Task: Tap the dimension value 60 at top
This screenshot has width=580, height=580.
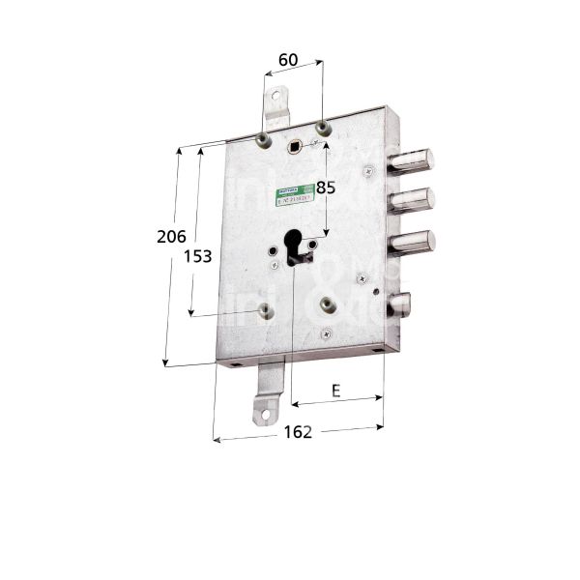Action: pos(287,60)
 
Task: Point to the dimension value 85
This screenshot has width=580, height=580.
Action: pos(326,188)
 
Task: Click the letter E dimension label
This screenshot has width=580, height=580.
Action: pos(335,391)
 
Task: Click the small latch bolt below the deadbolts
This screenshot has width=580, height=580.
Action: pos(399,305)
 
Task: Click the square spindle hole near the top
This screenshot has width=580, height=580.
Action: pos(294,146)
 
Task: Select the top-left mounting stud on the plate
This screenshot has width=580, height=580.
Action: pos(262,140)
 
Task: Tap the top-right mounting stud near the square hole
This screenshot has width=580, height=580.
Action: pos(324,128)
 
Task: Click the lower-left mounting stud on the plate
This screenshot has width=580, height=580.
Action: pos(264,310)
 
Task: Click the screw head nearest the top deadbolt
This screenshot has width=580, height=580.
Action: pos(368,171)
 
